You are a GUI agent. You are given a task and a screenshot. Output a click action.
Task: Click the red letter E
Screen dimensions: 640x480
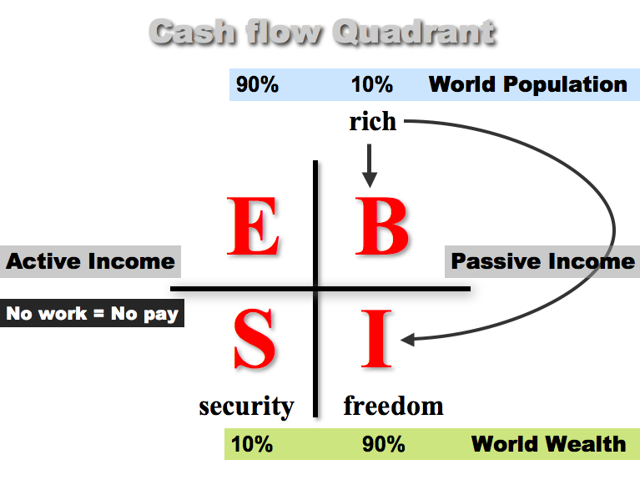253,226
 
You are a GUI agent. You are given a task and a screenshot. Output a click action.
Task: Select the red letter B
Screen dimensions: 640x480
381,226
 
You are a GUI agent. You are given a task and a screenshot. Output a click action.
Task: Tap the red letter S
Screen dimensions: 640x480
254,338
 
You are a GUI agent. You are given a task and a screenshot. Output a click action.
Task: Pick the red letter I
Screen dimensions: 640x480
376,338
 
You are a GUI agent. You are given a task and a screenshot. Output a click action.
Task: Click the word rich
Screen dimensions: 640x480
373,121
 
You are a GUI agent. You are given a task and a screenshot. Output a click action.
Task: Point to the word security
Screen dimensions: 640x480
246,407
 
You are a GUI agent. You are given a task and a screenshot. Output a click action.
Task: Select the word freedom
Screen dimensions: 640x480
394,406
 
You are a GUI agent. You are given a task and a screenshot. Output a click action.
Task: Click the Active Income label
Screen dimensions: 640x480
90,261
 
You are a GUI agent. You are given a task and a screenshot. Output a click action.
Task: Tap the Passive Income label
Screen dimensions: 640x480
542,261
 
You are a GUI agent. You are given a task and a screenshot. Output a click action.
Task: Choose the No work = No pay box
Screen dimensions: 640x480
92,313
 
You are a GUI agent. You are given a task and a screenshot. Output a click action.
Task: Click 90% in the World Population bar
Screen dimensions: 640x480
257,84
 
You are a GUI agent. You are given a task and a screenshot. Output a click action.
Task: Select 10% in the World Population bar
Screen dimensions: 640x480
372,84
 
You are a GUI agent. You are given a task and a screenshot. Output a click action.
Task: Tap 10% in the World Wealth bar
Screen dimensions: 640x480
252,444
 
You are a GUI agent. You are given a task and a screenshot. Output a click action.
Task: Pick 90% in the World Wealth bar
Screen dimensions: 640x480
384,444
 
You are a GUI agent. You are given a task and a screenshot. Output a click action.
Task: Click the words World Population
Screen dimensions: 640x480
527,84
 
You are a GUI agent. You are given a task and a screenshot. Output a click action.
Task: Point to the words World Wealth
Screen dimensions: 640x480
548,444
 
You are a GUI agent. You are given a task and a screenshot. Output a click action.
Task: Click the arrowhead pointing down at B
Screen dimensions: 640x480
370,179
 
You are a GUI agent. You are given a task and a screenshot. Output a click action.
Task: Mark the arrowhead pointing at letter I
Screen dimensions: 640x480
408,340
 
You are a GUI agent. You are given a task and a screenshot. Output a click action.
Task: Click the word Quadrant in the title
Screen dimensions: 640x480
414,32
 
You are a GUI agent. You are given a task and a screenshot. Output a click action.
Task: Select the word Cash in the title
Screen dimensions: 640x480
193,32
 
